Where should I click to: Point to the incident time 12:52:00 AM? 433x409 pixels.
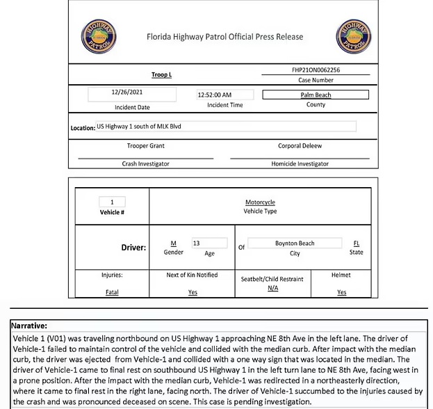point(215,95)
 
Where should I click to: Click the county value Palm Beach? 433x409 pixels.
point(316,95)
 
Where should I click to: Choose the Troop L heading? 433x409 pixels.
point(161,74)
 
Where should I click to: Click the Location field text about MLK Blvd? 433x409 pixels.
point(133,127)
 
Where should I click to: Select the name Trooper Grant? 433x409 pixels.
point(146,146)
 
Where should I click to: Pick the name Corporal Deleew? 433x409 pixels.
point(300,146)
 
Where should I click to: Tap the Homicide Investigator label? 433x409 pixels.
point(300,163)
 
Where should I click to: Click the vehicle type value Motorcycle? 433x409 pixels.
point(260,202)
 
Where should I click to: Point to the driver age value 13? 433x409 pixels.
point(197,243)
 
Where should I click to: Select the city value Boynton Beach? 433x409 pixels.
point(295,243)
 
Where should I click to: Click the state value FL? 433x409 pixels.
point(357,243)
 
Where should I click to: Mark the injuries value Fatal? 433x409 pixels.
point(112,292)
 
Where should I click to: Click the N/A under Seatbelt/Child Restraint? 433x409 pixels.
point(272,288)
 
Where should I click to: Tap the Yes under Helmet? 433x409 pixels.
point(341,292)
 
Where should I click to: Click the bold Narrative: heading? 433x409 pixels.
point(30,325)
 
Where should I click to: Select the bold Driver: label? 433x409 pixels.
point(133,248)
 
